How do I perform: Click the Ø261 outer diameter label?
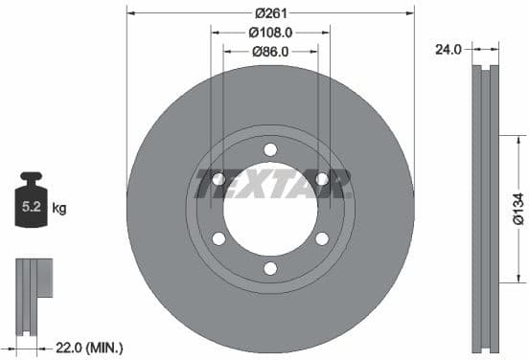coord(271,12)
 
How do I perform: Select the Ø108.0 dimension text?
coord(270,32)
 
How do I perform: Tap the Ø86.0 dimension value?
coord(270,52)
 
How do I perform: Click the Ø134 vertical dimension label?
coord(517,207)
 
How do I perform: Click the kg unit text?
coord(58,207)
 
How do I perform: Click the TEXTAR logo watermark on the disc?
coord(271,183)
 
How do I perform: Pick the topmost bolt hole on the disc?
coord(270,148)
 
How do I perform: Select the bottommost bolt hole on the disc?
coord(270,268)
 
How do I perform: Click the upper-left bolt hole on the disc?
coord(218,178)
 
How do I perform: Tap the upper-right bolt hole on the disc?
coord(322,178)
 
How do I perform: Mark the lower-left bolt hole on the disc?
coord(218,238)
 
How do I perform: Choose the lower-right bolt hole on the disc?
coord(322,238)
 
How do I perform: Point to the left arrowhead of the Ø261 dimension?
coord(131,12)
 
